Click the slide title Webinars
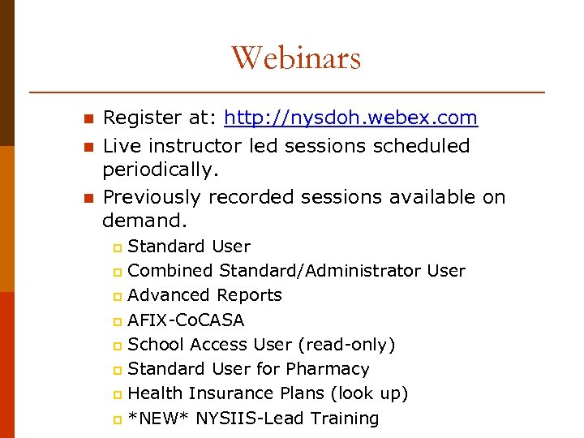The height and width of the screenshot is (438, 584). point(296,58)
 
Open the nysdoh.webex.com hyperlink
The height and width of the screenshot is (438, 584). point(350,118)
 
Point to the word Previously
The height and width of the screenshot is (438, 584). point(152,197)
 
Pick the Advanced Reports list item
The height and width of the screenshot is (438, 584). point(205,295)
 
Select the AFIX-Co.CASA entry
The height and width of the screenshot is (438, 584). point(186,320)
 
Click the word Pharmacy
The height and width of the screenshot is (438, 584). point(328,369)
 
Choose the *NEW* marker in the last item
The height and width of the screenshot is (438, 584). point(157,419)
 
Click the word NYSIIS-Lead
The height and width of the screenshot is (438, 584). point(247,419)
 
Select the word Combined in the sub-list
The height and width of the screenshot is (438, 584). point(170,271)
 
